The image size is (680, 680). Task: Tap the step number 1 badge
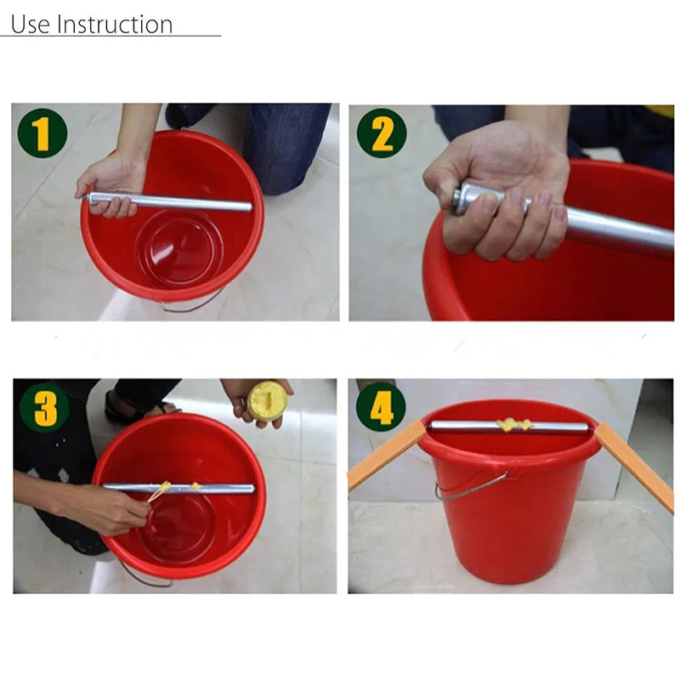coord(42,133)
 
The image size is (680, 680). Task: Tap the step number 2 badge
coord(382,133)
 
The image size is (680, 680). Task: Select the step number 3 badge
coord(45,408)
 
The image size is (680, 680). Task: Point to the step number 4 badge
coord(381,407)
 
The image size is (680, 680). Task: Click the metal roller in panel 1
coord(170,202)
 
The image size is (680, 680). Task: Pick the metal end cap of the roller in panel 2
coord(462,199)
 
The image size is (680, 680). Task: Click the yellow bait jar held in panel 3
coord(267,399)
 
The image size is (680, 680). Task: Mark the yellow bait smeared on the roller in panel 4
coord(514,425)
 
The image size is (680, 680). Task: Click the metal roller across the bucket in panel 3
coord(178,489)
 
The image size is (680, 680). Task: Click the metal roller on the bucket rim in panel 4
coord(507,428)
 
